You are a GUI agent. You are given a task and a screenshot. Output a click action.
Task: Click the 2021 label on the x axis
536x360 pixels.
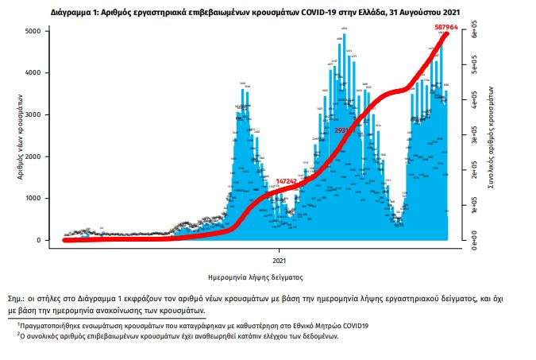[x=280, y=260]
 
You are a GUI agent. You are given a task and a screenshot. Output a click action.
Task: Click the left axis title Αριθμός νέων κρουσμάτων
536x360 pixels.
[x=19, y=135]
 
